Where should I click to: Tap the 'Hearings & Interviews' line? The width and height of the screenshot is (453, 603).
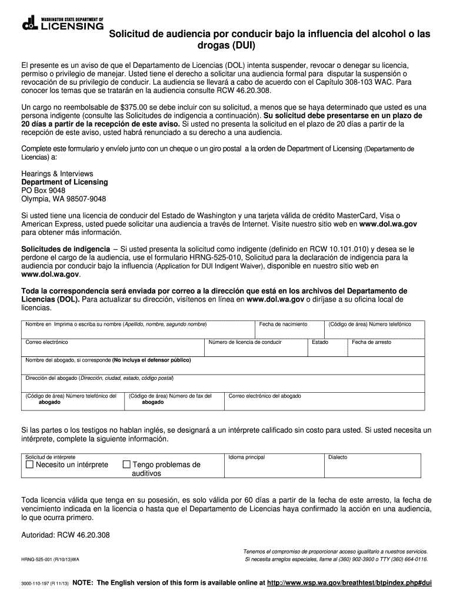[57, 174]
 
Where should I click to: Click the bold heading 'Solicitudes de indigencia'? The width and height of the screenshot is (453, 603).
[65, 249]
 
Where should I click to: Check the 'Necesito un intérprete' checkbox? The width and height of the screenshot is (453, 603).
[30, 465]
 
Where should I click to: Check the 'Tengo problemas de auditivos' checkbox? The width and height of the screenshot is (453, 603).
[126, 465]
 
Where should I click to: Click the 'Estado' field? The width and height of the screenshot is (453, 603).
[327, 347]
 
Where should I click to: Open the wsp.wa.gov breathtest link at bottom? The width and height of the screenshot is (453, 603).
[349, 583]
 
